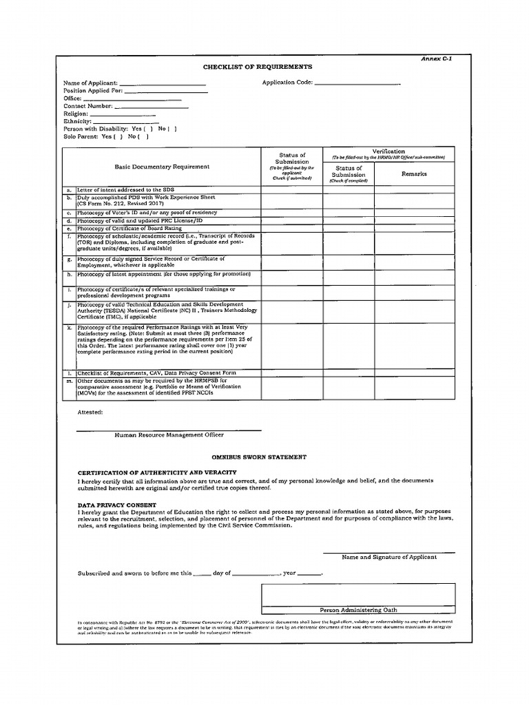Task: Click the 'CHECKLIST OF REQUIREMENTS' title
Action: (257, 67)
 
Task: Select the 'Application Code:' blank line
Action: (357, 84)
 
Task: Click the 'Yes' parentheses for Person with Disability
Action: (147, 129)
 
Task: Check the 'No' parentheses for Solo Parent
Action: (143, 136)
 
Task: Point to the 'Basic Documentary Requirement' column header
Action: (162, 167)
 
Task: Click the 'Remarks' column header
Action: (414, 173)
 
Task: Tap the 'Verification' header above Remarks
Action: (388, 151)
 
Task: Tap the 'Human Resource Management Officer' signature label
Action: (169, 435)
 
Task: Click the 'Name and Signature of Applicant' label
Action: (389, 557)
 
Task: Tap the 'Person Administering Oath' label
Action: (358, 610)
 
